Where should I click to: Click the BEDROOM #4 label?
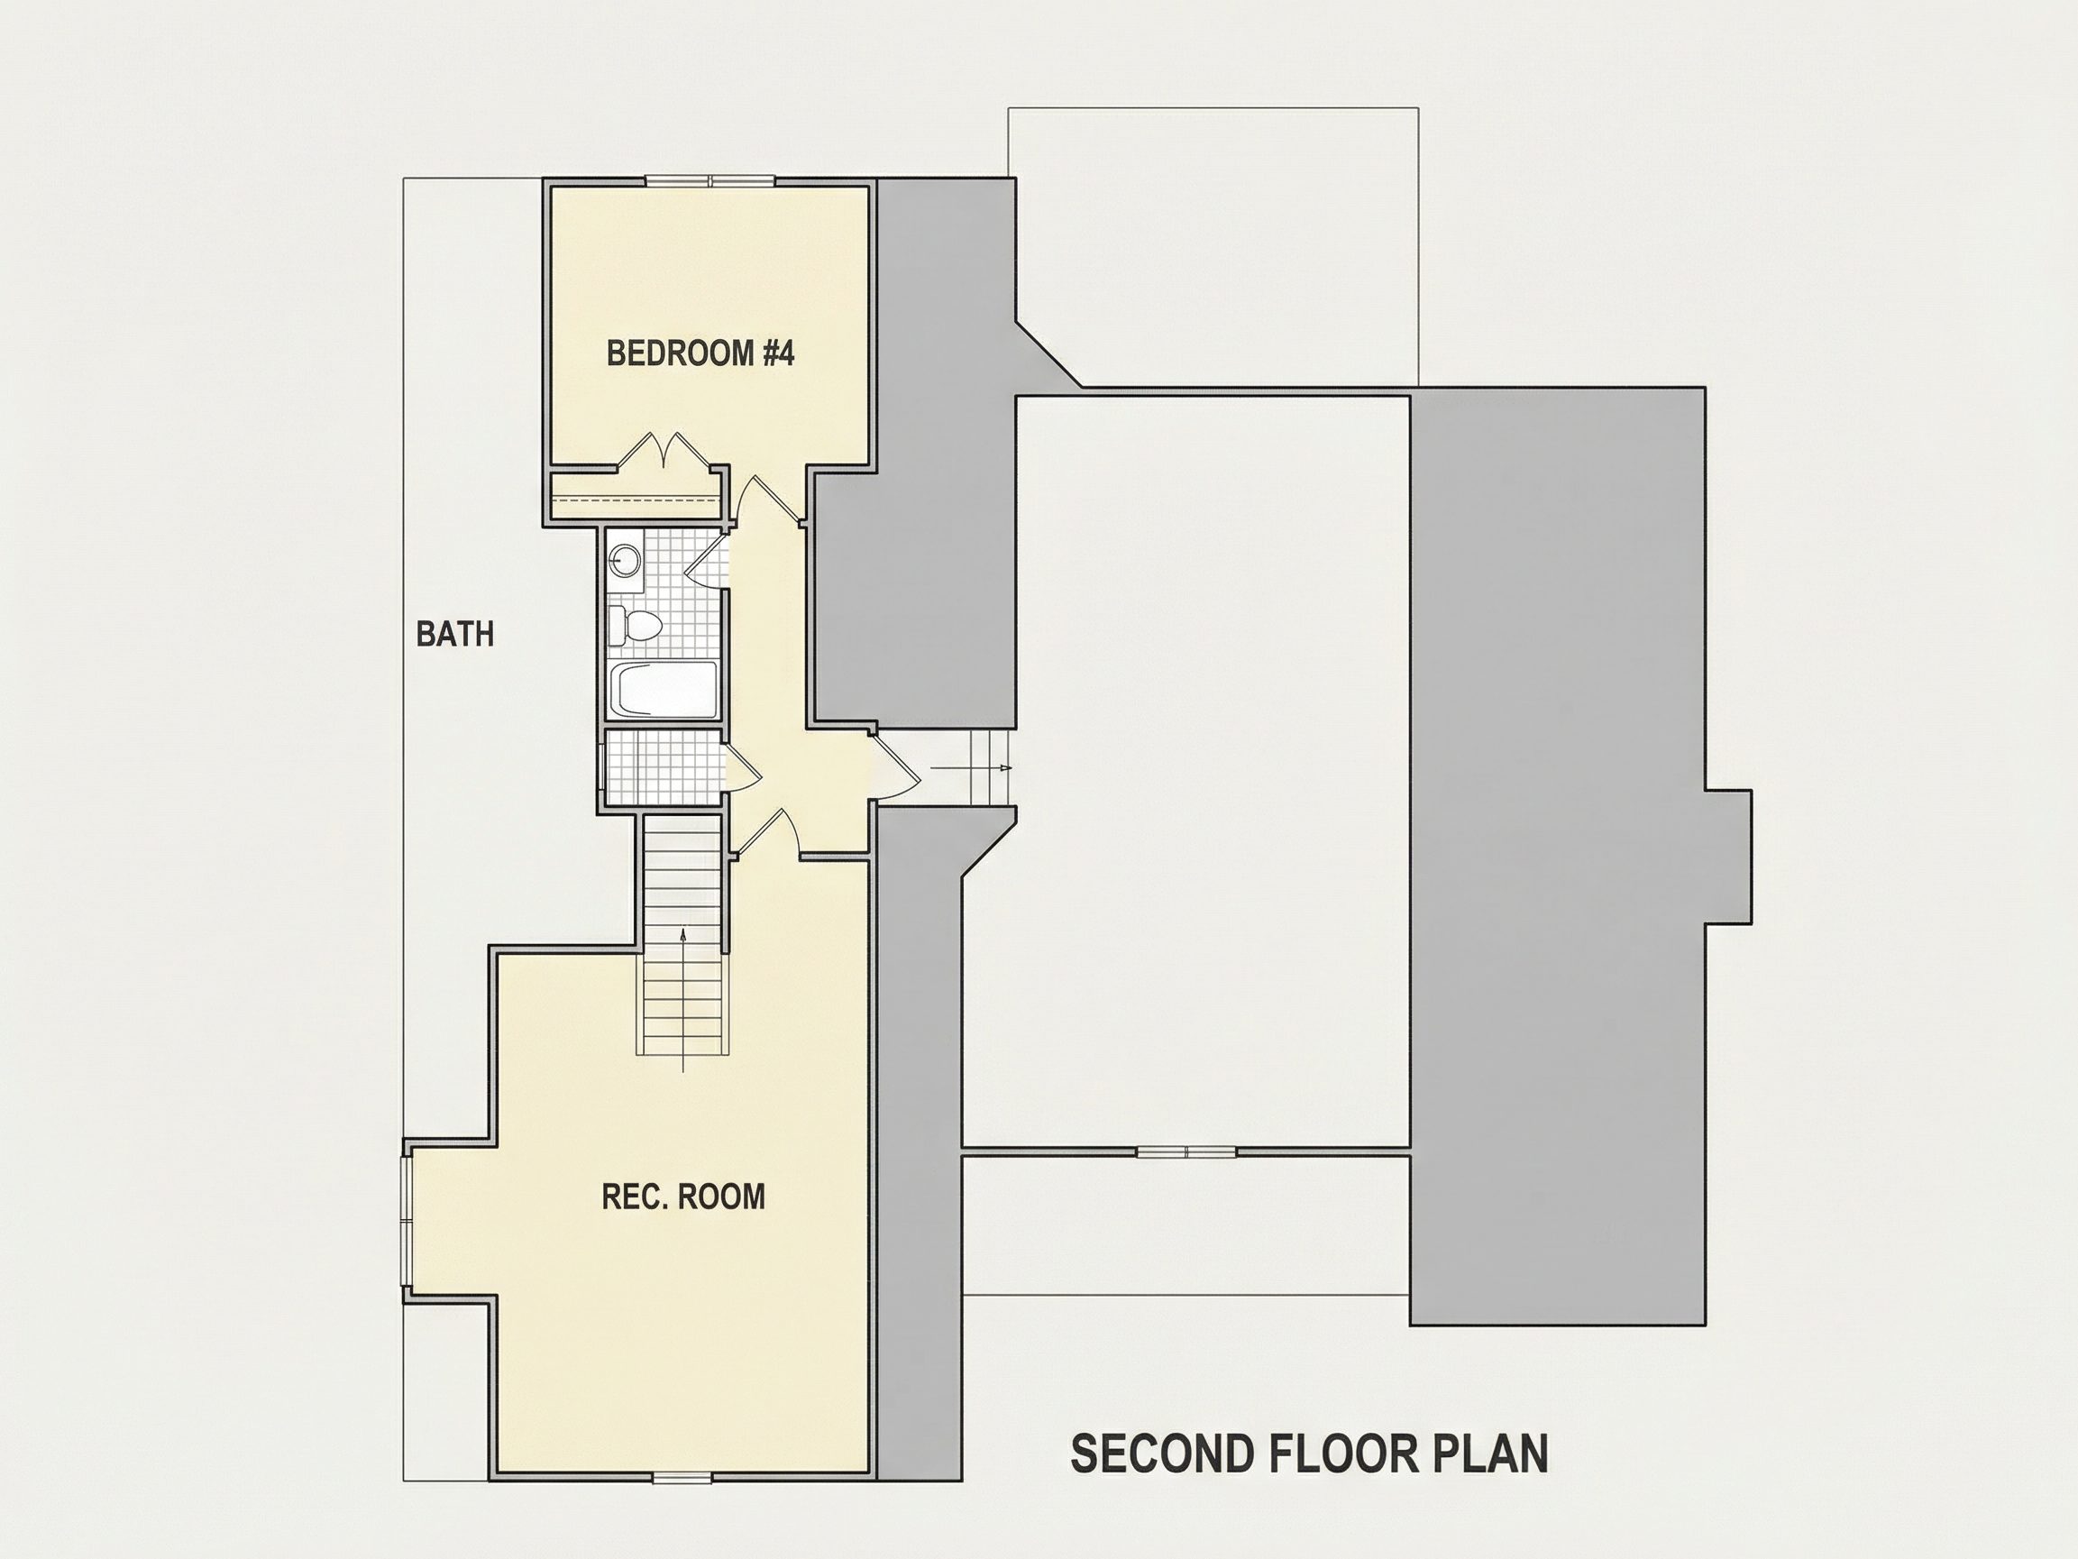click(x=700, y=353)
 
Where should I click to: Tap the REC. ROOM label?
click(x=683, y=1197)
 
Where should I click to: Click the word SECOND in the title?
click(x=1161, y=1454)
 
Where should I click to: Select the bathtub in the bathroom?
click(x=664, y=690)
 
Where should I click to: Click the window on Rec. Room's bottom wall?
click(x=682, y=1478)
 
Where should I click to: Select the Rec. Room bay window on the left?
click(x=407, y=1223)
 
